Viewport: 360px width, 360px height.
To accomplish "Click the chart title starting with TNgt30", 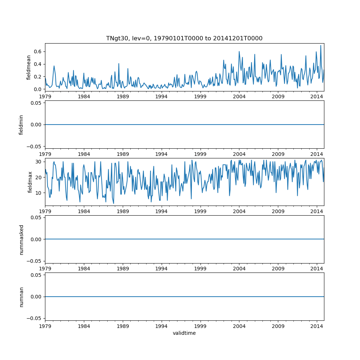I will click(x=184, y=38).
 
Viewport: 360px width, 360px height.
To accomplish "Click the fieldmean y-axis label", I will click(x=28, y=67).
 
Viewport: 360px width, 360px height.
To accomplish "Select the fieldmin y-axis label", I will click(x=21, y=125).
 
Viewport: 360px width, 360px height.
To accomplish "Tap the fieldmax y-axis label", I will click(x=30, y=182).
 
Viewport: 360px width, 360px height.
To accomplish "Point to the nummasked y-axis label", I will click(x=21, y=239).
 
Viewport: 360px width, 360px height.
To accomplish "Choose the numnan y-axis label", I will click(x=21, y=297).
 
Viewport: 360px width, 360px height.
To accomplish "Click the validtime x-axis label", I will click(x=184, y=333).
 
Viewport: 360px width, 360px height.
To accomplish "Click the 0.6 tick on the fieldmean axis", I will click(x=37, y=51).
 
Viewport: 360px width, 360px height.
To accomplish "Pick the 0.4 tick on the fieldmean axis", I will click(x=37, y=64).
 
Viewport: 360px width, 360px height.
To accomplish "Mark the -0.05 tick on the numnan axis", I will click(x=35, y=318).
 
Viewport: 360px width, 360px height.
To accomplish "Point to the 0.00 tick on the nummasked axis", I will click(x=36, y=239).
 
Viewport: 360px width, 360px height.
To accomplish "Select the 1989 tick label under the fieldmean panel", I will click(x=123, y=96).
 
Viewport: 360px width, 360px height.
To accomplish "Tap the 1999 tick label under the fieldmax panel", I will click(x=200, y=211).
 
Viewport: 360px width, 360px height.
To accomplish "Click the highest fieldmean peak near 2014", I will click(x=321, y=45).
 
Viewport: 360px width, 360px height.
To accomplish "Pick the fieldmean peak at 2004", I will click(x=239, y=51).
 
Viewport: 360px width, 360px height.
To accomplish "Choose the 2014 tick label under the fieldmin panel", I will click(x=317, y=154).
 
